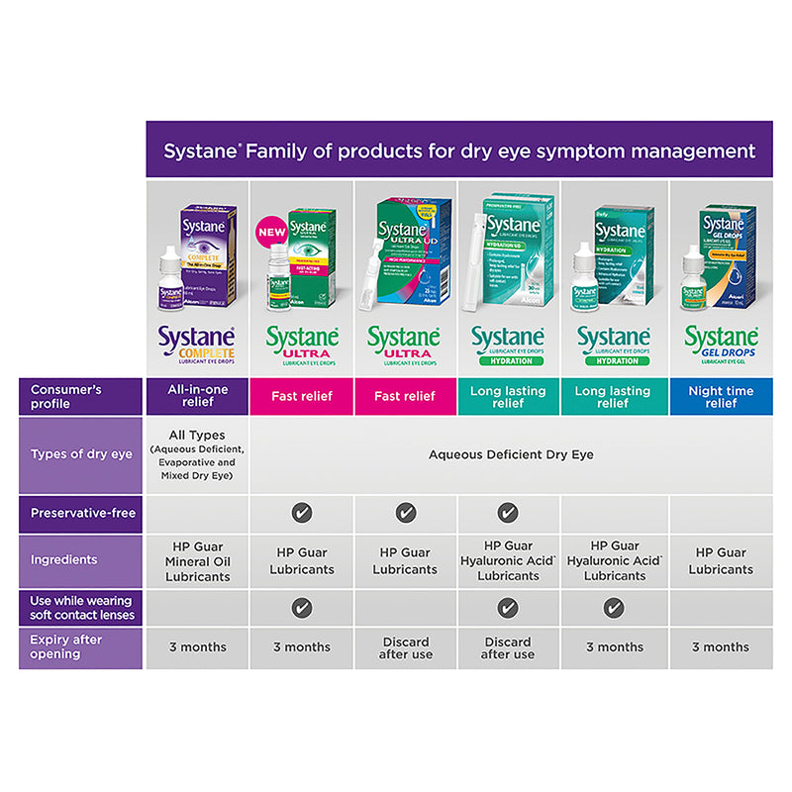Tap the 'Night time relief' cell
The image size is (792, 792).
coord(721,396)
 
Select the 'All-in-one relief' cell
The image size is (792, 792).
coord(198,396)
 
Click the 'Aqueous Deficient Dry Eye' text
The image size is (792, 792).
coord(510,454)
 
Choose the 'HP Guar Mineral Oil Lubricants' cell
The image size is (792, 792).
coord(198,560)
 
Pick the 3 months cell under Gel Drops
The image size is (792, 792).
coord(721,646)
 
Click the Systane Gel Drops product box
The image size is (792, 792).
coord(732,251)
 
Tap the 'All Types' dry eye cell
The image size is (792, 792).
coord(198,454)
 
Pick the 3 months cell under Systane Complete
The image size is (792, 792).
coord(198,646)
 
